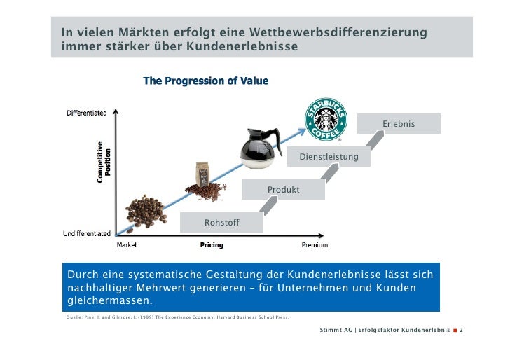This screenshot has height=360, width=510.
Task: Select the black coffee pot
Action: pos(261,146)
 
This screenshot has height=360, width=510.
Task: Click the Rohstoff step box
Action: pos(221,223)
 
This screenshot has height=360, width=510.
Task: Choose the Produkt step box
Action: pos(283,190)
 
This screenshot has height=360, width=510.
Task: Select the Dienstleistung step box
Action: pos(329,157)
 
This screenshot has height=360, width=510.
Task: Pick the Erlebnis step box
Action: pos(398,124)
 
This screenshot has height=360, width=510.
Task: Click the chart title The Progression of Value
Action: pos(205,82)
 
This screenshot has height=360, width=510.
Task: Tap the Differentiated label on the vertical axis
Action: pos(87,113)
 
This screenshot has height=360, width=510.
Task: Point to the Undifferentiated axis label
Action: pos(88,233)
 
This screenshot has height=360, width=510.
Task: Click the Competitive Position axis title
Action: pos(104,162)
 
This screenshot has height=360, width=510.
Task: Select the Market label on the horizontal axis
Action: pos(126,245)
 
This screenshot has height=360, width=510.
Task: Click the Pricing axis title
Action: pos(212,245)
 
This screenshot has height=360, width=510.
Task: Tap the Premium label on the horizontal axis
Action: pos(315,245)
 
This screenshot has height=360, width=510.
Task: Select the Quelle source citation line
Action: pos(176,317)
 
